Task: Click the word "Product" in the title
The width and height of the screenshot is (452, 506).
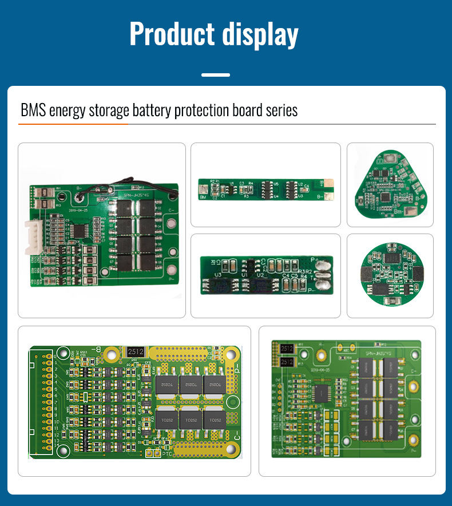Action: coord(171,34)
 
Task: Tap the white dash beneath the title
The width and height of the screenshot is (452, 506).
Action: coord(216,75)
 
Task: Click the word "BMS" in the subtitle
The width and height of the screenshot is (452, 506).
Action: coord(33,110)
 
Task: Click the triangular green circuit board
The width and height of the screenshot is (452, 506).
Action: coord(390,185)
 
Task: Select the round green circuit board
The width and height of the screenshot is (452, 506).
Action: coord(390,275)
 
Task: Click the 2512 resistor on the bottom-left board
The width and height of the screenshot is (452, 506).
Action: coord(135,351)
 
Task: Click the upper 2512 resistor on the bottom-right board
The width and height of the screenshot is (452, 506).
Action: coord(287,349)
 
